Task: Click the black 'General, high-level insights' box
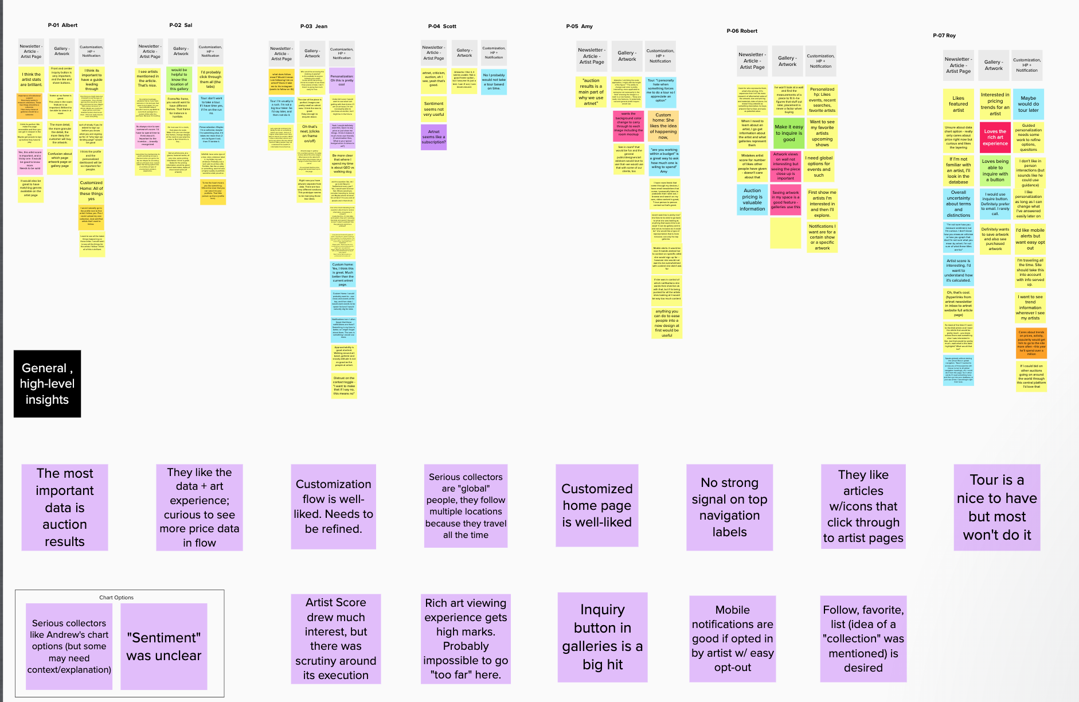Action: pyautogui.click(x=47, y=384)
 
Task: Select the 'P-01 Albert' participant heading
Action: pyautogui.click(x=62, y=25)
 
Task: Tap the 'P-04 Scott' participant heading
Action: pyautogui.click(x=442, y=26)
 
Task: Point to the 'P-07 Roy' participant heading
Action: pyautogui.click(x=944, y=36)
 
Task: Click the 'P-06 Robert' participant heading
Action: pyautogui.click(x=742, y=31)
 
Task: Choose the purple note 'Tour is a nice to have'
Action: pyautogui.click(x=997, y=507)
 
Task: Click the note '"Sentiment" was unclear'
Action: pyautogui.click(x=164, y=646)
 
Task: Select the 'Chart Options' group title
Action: pyautogui.click(x=116, y=598)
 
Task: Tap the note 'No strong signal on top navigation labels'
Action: pyautogui.click(x=729, y=507)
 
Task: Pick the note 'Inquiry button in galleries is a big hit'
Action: pyautogui.click(x=603, y=637)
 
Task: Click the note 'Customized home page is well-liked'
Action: pyautogui.click(x=597, y=505)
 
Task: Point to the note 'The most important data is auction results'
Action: pyautogui.click(x=65, y=507)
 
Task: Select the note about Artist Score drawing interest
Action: pyautogui.click(x=336, y=638)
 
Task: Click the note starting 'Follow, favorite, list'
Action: pyautogui.click(x=863, y=638)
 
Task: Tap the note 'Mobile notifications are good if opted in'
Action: pyautogui.click(x=733, y=638)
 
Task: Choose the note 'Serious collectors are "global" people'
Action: pyautogui.click(x=466, y=505)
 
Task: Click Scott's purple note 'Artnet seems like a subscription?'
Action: pyautogui.click(x=433, y=137)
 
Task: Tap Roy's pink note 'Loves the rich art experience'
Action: pyautogui.click(x=995, y=138)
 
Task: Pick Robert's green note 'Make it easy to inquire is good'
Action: pyautogui.click(x=789, y=133)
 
